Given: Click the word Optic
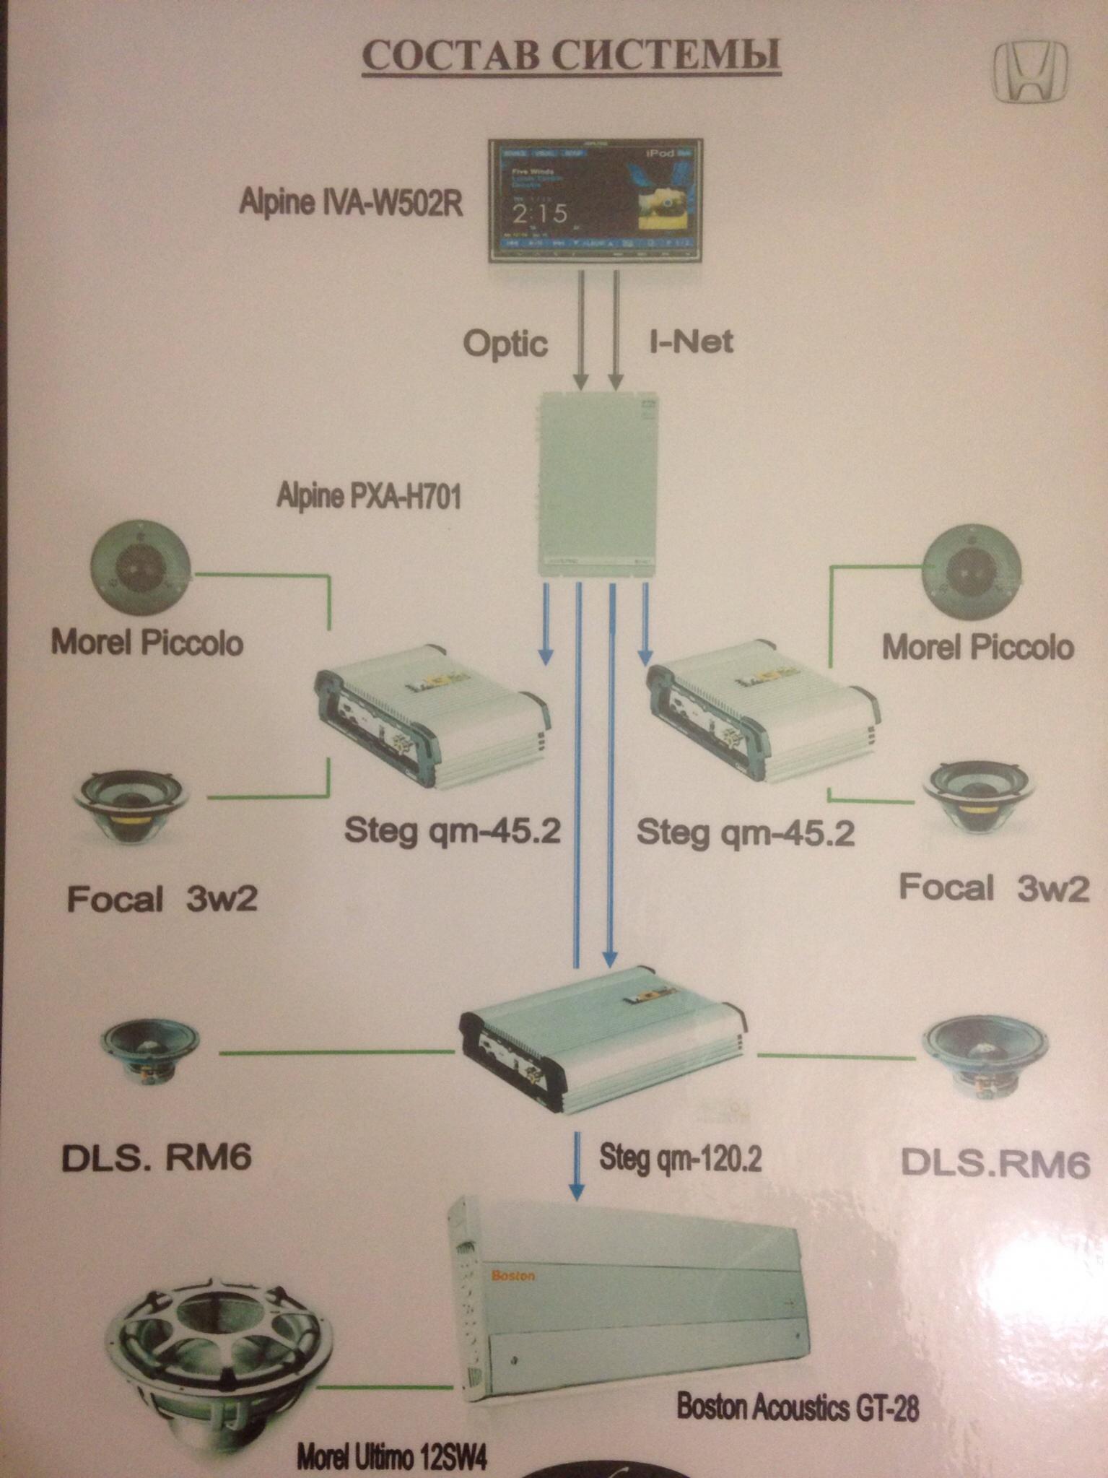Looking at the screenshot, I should [x=505, y=343].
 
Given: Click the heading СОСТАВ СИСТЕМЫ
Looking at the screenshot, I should [x=571, y=56].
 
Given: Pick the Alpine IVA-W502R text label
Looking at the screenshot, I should [x=350, y=203].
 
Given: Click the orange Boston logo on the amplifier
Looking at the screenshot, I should [x=512, y=1276].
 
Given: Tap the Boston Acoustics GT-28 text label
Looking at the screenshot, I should [x=797, y=1407].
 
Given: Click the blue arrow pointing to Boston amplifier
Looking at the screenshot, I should [x=576, y=1162].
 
